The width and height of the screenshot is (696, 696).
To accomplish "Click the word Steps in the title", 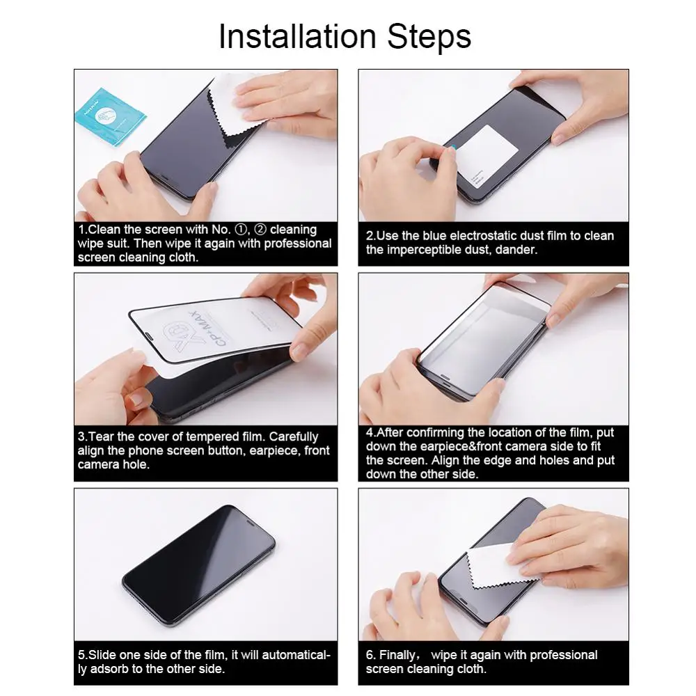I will click(429, 36).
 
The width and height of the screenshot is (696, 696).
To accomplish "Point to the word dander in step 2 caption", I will click(517, 250).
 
